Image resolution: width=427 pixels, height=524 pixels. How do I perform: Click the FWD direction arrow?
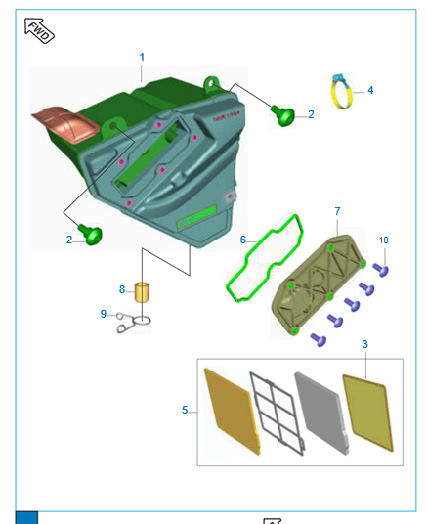tap(39, 30)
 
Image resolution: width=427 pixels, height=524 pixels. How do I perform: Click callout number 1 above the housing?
tap(142, 57)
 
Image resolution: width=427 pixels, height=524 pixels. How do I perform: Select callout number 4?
tap(370, 90)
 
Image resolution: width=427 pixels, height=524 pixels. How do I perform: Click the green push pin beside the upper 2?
tap(283, 114)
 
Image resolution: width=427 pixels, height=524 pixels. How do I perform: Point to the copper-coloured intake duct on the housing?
tap(65, 124)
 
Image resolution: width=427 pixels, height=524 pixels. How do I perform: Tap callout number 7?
tap(337, 211)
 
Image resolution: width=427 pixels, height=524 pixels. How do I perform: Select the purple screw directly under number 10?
tap(381, 270)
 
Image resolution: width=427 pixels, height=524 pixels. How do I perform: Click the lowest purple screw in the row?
tap(319, 340)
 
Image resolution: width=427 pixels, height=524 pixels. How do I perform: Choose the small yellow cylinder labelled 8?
tap(142, 292)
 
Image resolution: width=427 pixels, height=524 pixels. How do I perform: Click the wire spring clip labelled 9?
tap(134, 323)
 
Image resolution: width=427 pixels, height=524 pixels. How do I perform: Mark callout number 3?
tap(364, 344)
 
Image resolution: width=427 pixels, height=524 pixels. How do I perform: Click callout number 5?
tap(185, 410)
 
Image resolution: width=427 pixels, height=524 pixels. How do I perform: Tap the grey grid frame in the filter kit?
tap(278, 414)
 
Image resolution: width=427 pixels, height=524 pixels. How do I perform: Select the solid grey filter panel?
tap(322, 414)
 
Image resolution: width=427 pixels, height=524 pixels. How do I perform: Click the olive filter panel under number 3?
tap(367, 414)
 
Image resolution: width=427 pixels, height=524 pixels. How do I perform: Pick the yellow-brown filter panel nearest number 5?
tap(233, 412)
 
